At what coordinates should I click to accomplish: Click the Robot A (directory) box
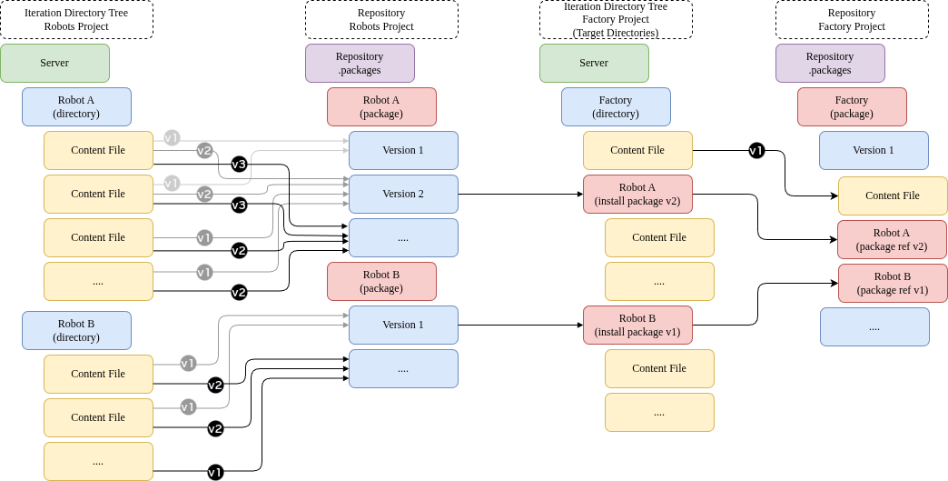pos(77,106)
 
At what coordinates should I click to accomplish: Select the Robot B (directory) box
pos(77,330)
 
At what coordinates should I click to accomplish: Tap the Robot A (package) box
pos(381,106)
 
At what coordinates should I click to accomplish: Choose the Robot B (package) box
pos(381,281)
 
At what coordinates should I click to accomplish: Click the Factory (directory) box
pos(616,106)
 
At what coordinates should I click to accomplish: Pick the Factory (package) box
pos(852,106)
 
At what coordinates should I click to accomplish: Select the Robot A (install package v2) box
pos(637,195)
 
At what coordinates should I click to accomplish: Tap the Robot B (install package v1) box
pos(637,325)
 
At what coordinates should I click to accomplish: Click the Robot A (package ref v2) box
pos(892,240)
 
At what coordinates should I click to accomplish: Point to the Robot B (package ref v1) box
pos(892,283)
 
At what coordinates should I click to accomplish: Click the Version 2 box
pos(403,195)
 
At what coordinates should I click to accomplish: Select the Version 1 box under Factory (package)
pos(874,150)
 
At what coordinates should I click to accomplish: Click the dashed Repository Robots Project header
pos(381,19)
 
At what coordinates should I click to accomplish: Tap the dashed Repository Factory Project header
pos(852,19)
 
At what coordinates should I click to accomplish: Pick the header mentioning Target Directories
pos(616,19)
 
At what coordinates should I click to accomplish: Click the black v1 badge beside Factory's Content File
pos(756,151)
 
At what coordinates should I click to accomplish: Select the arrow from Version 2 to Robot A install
pos(520,195)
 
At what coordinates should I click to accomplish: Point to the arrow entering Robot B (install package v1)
pos(520,325)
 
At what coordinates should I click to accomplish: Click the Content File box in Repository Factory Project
pos(893,195)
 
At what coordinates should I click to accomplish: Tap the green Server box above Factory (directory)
pos(594,63)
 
